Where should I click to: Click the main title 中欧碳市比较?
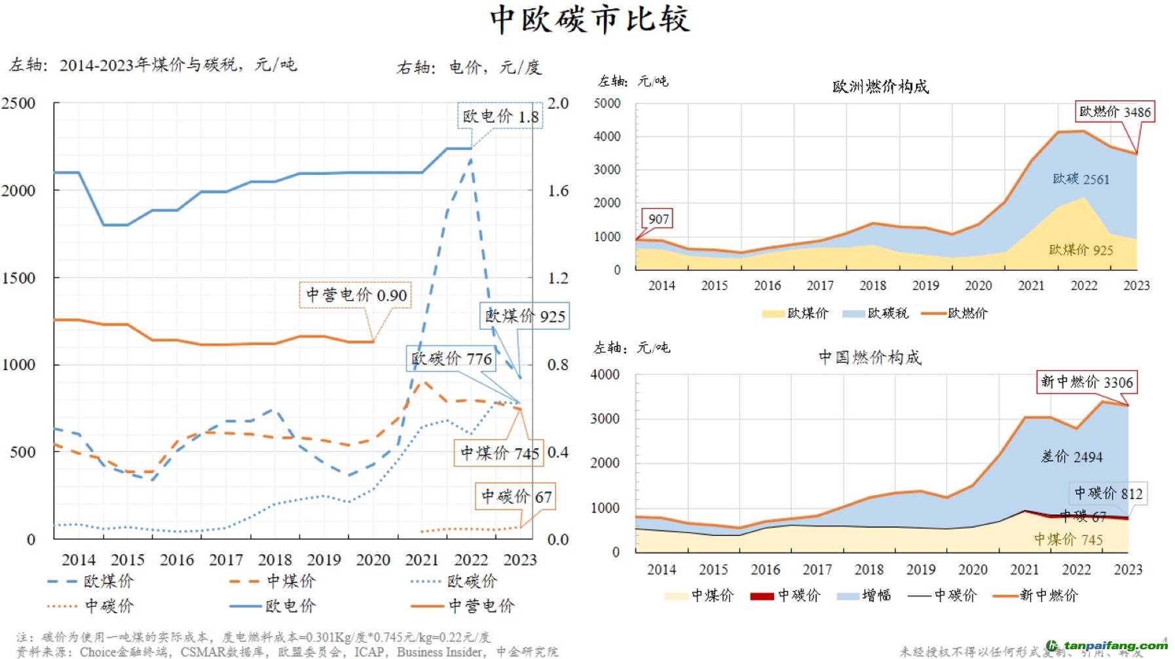589,20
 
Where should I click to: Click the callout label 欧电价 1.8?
500,116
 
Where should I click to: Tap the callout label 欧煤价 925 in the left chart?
525,316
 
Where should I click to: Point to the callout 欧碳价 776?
451,358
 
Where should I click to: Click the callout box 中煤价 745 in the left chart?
499,453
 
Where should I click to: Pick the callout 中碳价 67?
516,497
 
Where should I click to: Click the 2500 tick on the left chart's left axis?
18,104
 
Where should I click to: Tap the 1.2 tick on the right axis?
558,278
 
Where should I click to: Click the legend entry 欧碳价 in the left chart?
472,581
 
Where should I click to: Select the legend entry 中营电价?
481,606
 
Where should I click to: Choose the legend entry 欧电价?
290,606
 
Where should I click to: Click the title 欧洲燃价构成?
880,86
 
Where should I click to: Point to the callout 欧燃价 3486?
1114,111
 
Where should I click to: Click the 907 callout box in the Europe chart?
658,219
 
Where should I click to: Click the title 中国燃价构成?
870,357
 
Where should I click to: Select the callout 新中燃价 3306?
1087,382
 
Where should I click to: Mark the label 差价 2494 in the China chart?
1072,457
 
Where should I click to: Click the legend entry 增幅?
876,595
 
